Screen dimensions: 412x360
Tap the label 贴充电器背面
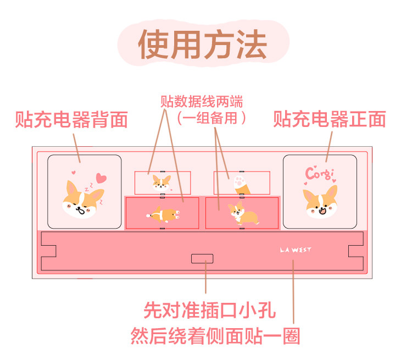coord(71,119)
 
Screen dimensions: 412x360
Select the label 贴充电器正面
coord(330,119)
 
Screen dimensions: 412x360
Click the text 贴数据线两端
coord(202,102)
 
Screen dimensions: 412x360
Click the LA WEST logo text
coord(296,250)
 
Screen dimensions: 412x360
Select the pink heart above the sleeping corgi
coord(101,178)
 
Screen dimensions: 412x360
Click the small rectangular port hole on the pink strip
coord(202,259)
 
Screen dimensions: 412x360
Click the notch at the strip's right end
coord(356,251)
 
